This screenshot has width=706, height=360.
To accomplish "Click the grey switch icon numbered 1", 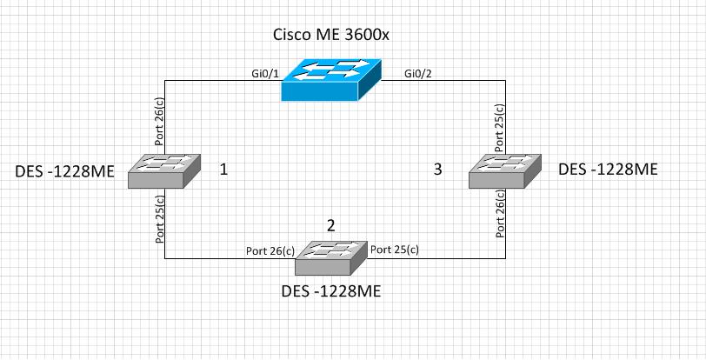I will pyautogui.click(x=164, y=171).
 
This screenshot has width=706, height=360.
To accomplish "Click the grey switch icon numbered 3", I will pyautogui.click(x=504, y=171).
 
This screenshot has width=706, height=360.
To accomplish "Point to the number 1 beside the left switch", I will pyautogui.click(x=223, y=170).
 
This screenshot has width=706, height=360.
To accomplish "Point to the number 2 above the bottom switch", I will pyautogui.click(x=330, y=225).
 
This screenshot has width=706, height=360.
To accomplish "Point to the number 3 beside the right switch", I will pyautogui.click(x=437, y=170).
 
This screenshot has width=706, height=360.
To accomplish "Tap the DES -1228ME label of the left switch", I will pyautogui.click(x=65, y=172).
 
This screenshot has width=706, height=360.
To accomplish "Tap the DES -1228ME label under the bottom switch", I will pyautogui.click(x=330, y=291).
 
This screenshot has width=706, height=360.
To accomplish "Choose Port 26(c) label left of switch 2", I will pyautogui.click(x=270, y=251).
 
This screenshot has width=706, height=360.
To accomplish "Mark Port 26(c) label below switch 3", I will pyautogui.click(x=499, y=215).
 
